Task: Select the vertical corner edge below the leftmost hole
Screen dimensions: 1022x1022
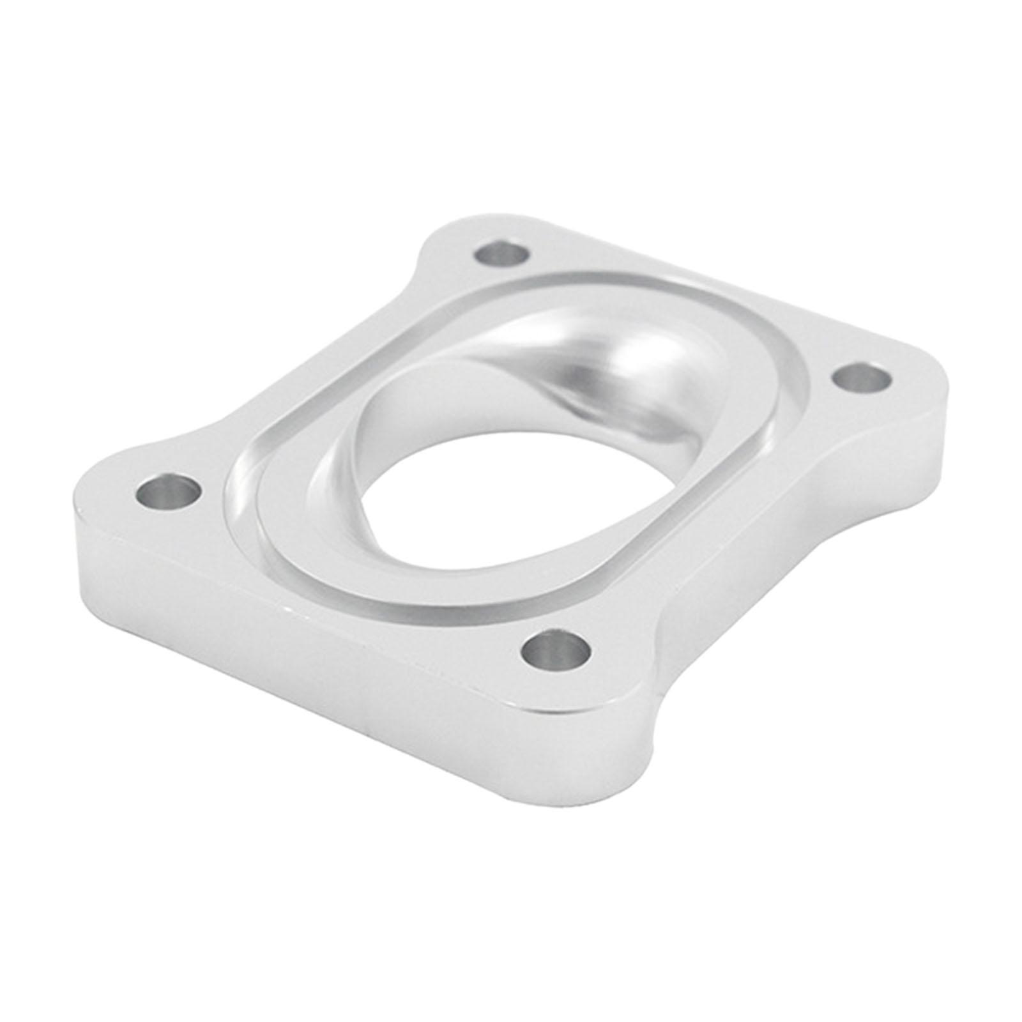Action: coord(80,543)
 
